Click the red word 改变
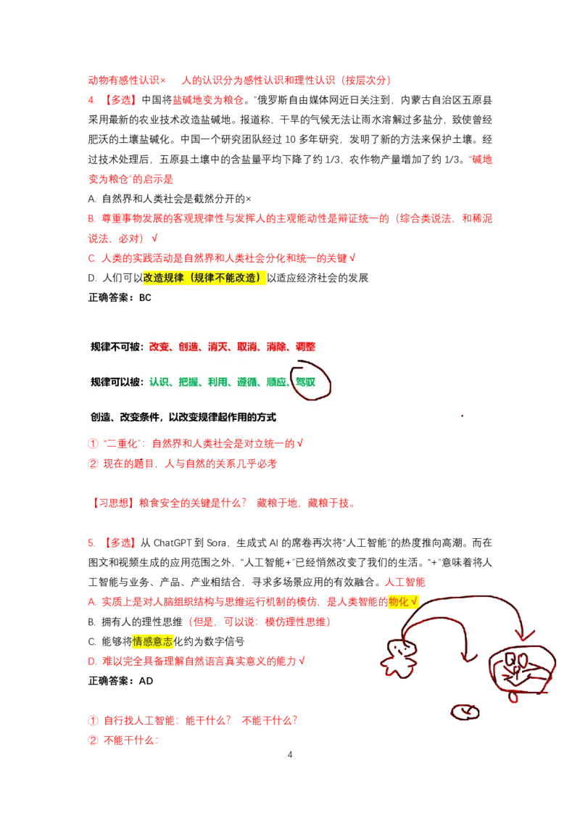159,347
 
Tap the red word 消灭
217,347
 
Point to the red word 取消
246,347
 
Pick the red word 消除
276,347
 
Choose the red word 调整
305,347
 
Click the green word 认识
159,381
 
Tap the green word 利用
217,381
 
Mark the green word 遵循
246,381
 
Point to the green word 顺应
276,381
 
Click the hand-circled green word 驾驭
306,381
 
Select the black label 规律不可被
116,347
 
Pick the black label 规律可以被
116,381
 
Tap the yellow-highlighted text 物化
399,601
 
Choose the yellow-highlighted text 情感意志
152,642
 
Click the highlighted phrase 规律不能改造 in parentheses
226,277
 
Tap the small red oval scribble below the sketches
465,712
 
